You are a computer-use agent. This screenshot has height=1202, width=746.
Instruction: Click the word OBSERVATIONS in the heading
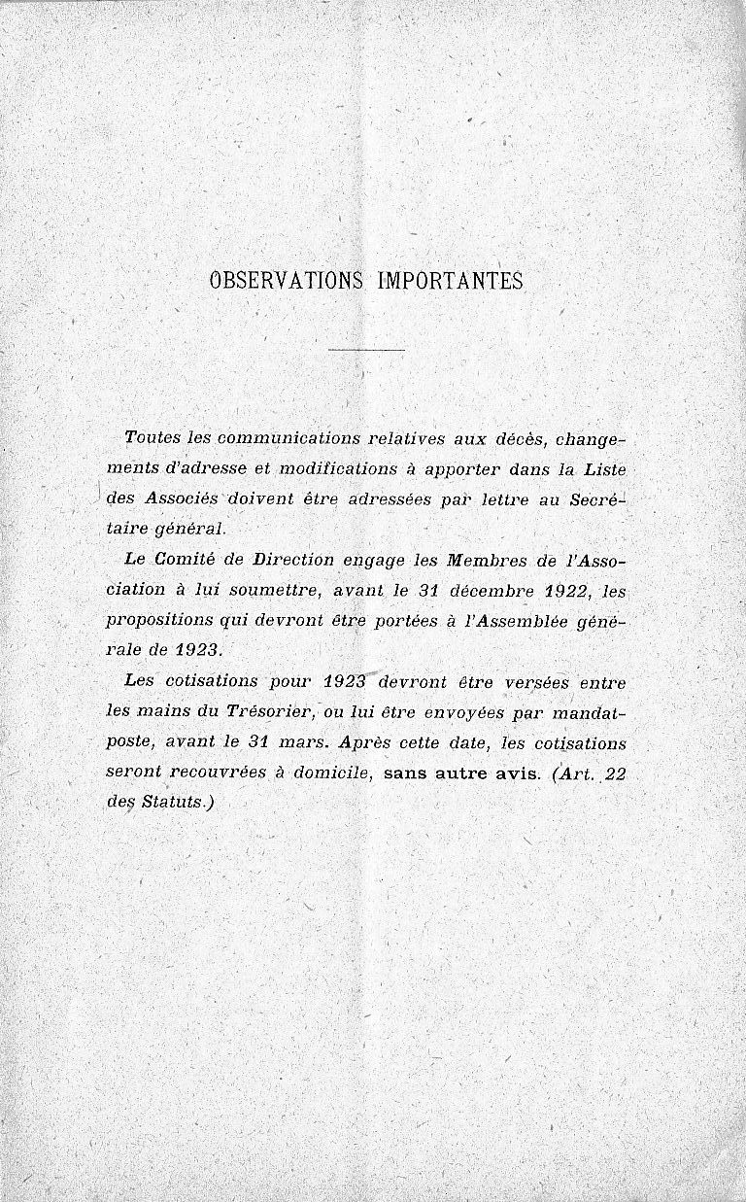click(x=286, y=281)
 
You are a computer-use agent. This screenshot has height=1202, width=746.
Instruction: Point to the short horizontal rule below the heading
click(x=366, y=349)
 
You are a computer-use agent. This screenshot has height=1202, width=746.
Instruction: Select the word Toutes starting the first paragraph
click(x=155, y=437)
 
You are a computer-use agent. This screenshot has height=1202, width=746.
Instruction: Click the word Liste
click(x=605, y=468)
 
